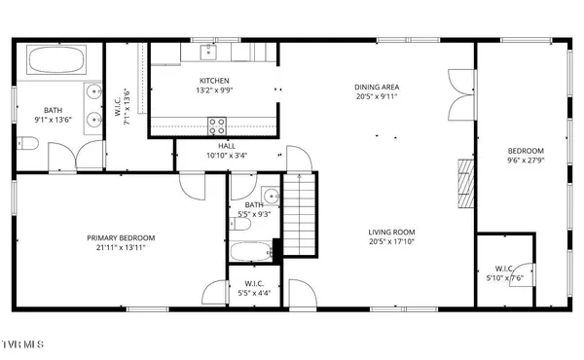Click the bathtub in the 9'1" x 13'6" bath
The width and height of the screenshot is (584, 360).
coord(55,60)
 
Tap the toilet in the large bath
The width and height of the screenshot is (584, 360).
coord(27,145)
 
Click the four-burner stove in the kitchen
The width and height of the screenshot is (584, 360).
coord(218,125)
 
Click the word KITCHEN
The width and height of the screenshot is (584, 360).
coord(213,81)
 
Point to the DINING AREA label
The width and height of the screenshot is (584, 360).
coord(377,87)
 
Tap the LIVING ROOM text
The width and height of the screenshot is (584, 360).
coord(391,232)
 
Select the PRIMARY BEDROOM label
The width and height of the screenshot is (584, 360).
coord(121,237)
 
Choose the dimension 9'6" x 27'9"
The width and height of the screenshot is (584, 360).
coord(525,161)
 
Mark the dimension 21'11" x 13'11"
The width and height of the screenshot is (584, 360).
coord(121,247)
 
